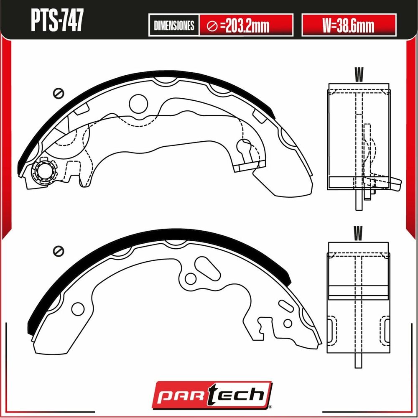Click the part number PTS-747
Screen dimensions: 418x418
pos(57,20)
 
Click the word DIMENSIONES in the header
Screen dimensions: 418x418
pos(174,25)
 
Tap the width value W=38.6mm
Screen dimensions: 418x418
pos(348,25)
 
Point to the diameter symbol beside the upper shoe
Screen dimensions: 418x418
pos(58,93)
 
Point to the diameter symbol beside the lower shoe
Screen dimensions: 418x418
pos(58,251)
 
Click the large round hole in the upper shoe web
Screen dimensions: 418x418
pos(138,103)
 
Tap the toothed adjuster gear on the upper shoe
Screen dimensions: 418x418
pos(44,171)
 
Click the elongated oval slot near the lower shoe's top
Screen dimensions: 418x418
pos(207,268)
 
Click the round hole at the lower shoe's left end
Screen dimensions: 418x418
pos(78,309)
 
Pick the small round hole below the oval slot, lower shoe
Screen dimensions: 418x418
pos(191,278)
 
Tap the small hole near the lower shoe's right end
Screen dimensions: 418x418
pos(288,324)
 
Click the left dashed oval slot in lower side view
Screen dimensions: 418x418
pos(332,331)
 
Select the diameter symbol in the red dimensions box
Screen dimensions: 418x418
pos(212,26)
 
